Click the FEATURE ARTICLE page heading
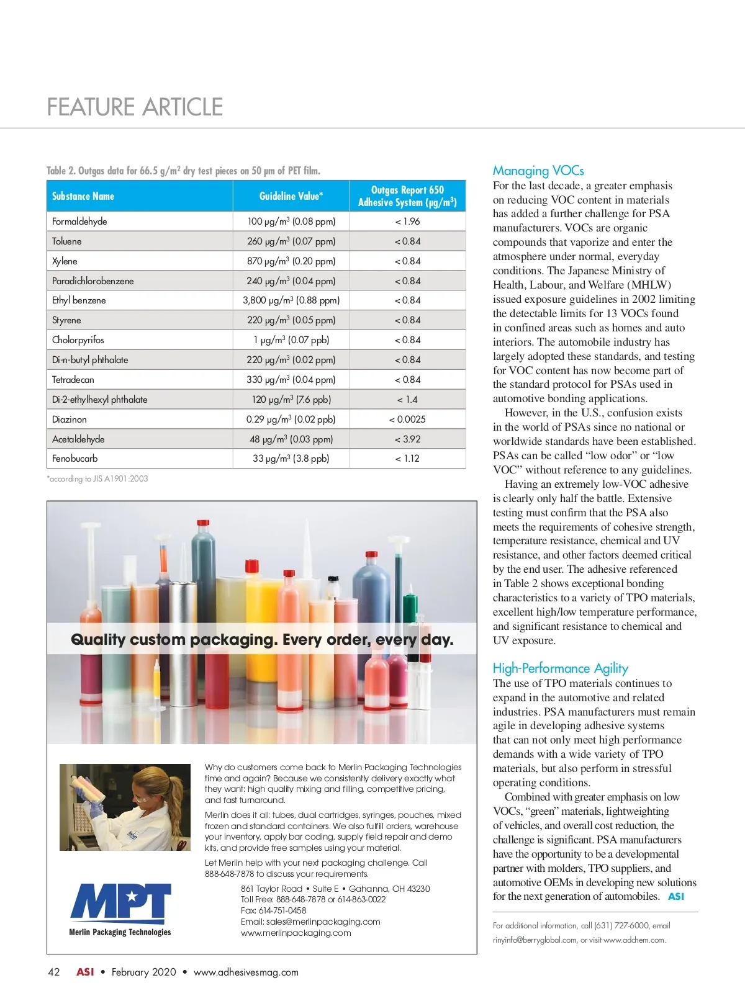click(135, 107)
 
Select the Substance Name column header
click(83, 196)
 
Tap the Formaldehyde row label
click(79, 222)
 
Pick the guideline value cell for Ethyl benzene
click(291, 300)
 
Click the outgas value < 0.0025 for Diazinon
click(407, 420)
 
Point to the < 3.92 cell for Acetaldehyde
click(407, 439)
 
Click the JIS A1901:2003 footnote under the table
click(97, 478)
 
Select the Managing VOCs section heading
click(538, 171)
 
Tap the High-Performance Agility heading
click(560, 668)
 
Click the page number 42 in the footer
click(54, 972)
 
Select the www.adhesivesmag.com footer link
click(246, 972)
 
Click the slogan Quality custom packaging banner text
click(262, 640)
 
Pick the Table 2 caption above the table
click(183, 171)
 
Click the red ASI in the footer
click(85, 972)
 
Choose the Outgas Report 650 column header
click(407, 196)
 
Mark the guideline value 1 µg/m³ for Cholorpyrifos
click(291, 340)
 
